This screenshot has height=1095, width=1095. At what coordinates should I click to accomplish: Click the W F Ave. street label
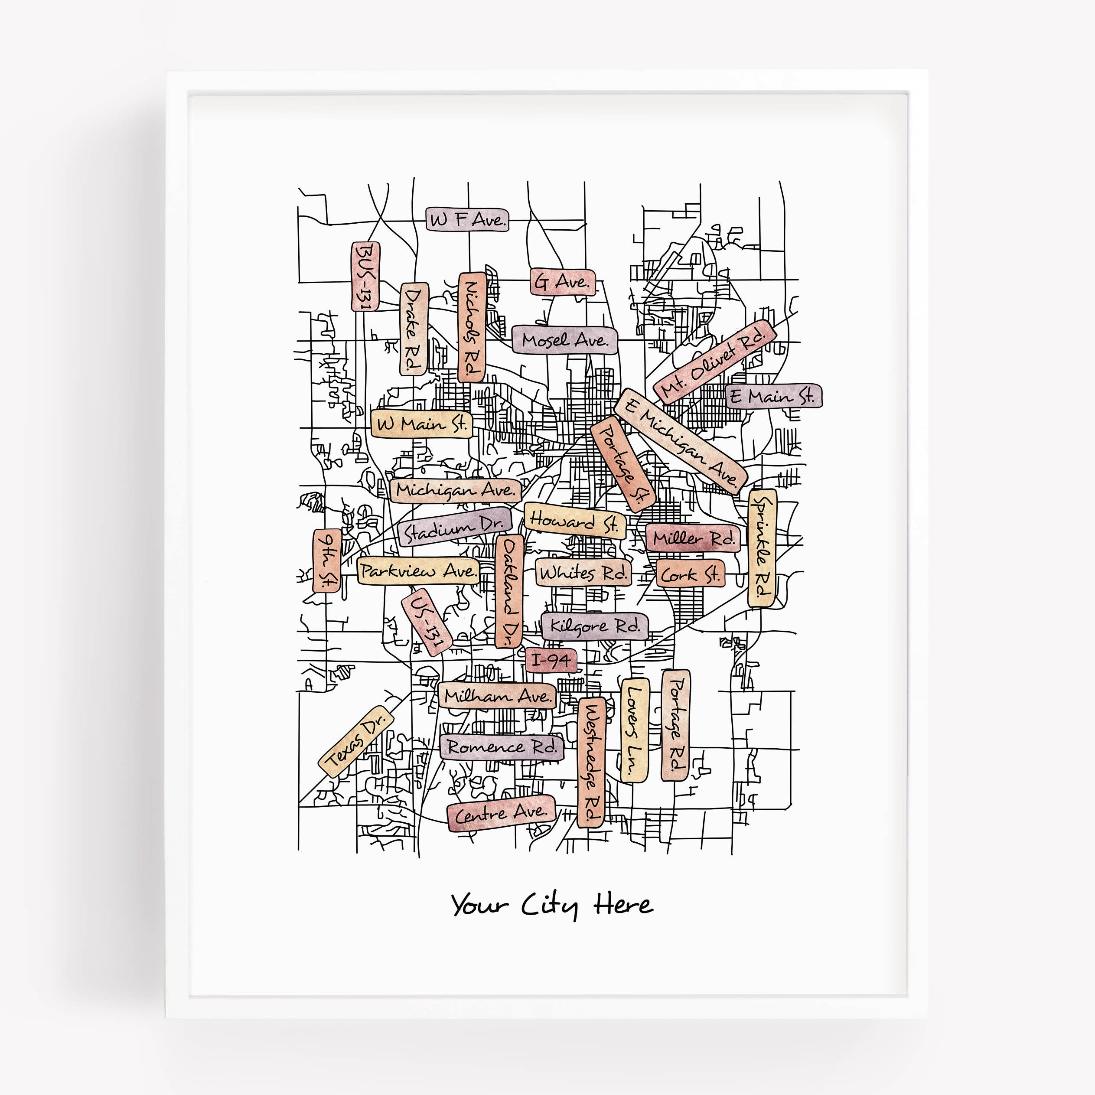point(467,219)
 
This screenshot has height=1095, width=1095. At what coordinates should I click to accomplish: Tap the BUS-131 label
point(365,276)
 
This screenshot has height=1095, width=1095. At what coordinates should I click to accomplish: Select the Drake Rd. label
point(414,329)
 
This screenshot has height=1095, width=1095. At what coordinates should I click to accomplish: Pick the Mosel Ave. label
point(564,340)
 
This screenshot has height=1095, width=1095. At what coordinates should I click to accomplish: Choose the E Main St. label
point(773,396)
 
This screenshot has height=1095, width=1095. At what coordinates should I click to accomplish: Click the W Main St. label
point(422,424)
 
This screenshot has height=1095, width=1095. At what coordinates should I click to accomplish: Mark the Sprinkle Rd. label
point(763,548)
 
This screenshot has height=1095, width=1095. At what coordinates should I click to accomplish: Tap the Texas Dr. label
point(356,741)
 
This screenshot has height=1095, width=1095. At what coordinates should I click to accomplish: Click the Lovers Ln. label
point(635,730)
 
